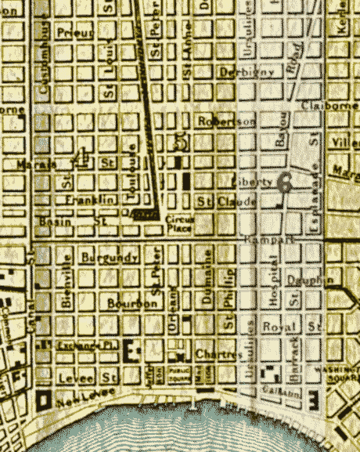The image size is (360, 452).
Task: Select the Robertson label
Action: (226, 121)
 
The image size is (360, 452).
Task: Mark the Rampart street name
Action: (269, 238)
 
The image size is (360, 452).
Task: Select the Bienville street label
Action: (67, 280)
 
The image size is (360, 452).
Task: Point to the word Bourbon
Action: (128, 303)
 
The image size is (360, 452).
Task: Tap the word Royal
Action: (278, 326)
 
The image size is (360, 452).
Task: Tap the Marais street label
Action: (36, 165)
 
